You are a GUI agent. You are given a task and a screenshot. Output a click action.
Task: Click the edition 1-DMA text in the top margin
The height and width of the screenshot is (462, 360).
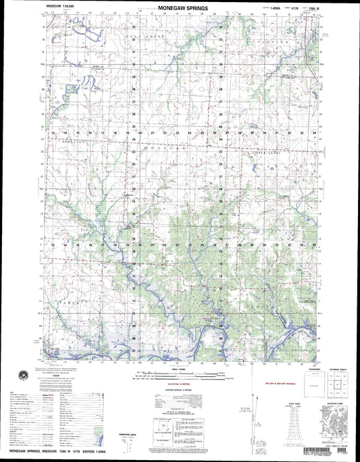pyautogui.click(x=260, y=9)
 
